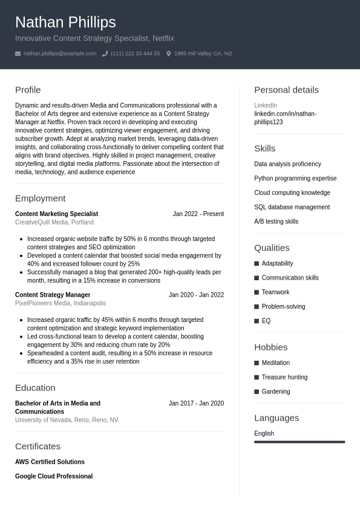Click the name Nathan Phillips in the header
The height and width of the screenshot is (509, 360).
point(65,22)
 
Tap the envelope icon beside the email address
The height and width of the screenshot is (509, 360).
point(18,54)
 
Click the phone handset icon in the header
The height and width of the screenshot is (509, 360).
point(105,54)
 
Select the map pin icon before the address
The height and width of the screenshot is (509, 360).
point(169,54)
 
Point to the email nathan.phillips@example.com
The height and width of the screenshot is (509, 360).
point(60,54)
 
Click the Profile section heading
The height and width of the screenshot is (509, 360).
point(28,90)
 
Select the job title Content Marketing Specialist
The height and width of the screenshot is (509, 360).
point(56,214)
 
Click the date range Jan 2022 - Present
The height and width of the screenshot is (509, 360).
point(198,214)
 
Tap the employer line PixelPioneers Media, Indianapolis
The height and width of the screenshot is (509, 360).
point(61,303)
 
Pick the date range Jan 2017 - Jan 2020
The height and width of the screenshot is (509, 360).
point(196,404)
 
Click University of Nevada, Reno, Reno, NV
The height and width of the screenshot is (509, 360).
point(67,420)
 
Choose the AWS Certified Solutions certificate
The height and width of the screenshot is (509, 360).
point(50,462)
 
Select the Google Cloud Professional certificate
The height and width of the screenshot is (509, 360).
point(54,476)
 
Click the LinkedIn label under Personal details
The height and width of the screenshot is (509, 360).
point(266,105)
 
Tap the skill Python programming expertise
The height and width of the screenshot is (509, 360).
point(295,179)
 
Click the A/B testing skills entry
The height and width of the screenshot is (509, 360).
point(276,222)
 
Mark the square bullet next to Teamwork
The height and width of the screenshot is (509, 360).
point(257,292)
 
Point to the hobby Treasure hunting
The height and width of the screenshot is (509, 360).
point(284,377)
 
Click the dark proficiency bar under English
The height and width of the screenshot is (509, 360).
point(299,442)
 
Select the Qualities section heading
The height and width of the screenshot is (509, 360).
point(272,248)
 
